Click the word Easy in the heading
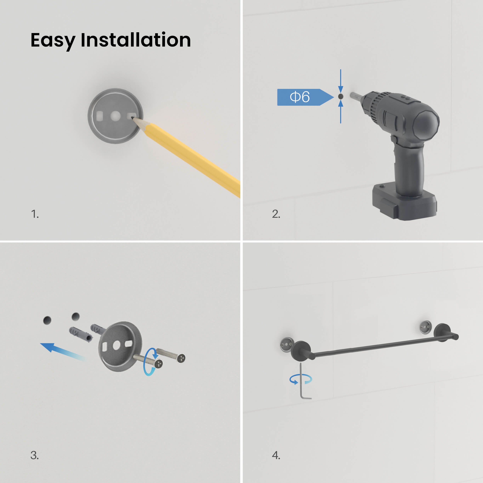coord(53,41)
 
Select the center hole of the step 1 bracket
coord(116,116)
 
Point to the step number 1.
coord(35,214)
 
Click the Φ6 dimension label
coord(300,97)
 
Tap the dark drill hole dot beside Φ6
coord(340,96)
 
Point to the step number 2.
coord(276,214)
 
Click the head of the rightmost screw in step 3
coord(181,358)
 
